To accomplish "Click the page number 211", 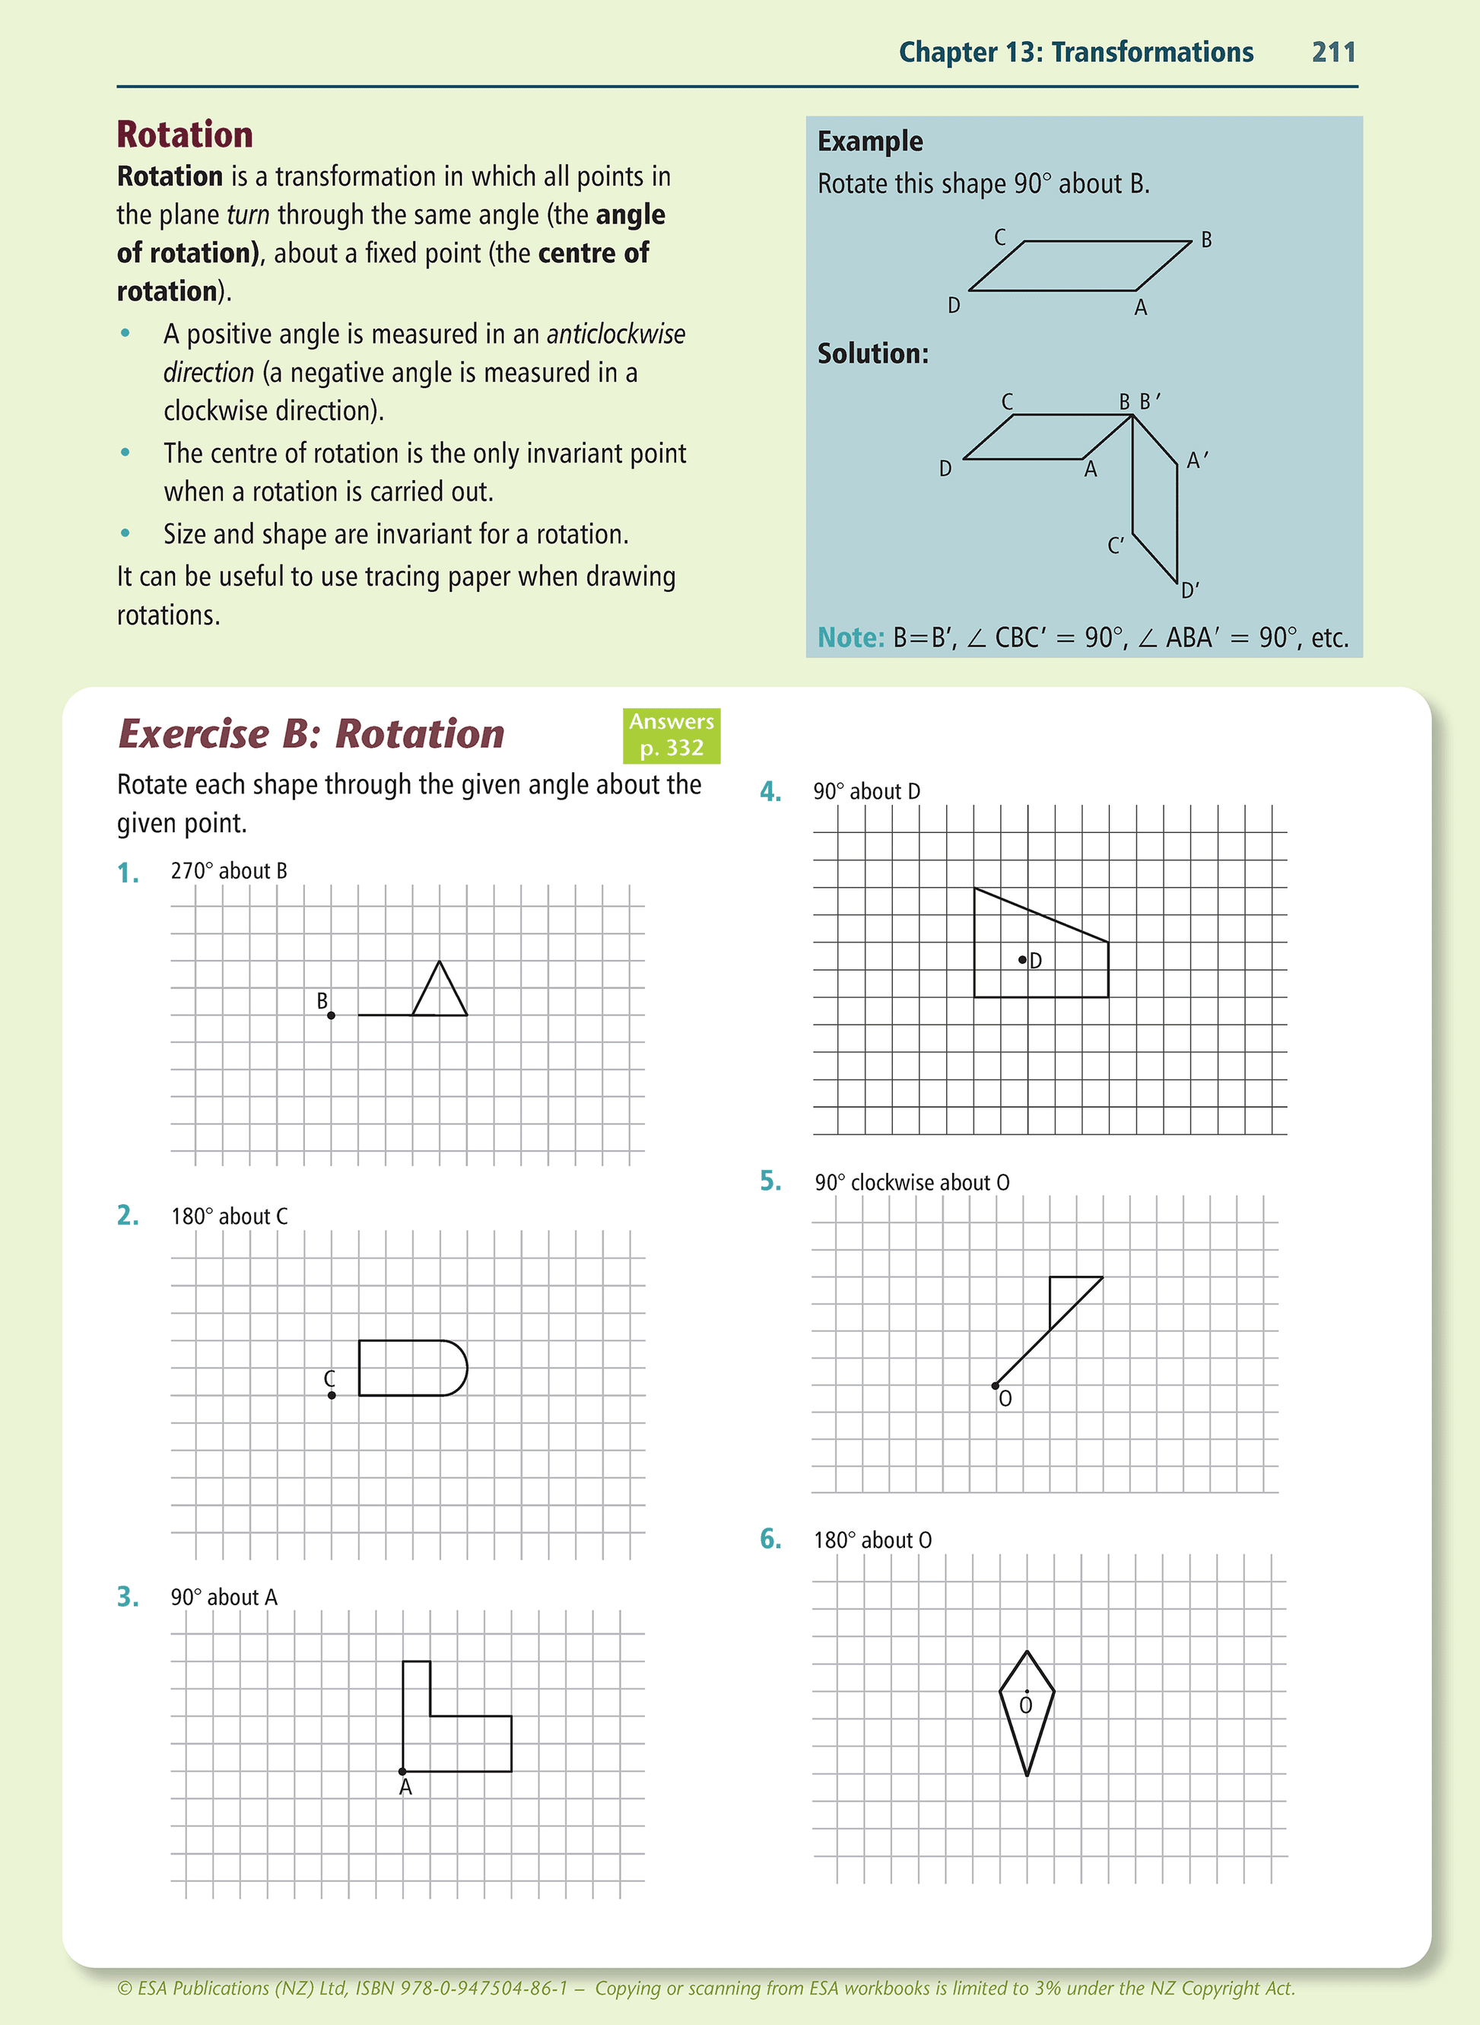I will pos(1333,52).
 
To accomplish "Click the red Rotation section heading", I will pos(185,135).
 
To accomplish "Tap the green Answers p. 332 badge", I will pos(671,735).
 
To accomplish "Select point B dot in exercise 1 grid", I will pos(332,1016).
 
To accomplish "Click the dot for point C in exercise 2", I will pos(332,1395).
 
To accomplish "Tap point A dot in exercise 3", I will pos(402,1772).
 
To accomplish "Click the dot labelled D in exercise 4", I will pos(1022,960).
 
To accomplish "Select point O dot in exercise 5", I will pos(996,1386).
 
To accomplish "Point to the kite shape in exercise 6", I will pos(1027,1712).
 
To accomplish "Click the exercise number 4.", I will pos(770,792).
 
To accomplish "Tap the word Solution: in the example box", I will pos(872,354).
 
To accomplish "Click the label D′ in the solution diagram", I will pos(1189,590).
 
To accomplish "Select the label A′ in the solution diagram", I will pos(1197,460).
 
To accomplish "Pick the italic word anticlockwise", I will pos(615,334).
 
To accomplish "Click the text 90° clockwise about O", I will pos(912,1183).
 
